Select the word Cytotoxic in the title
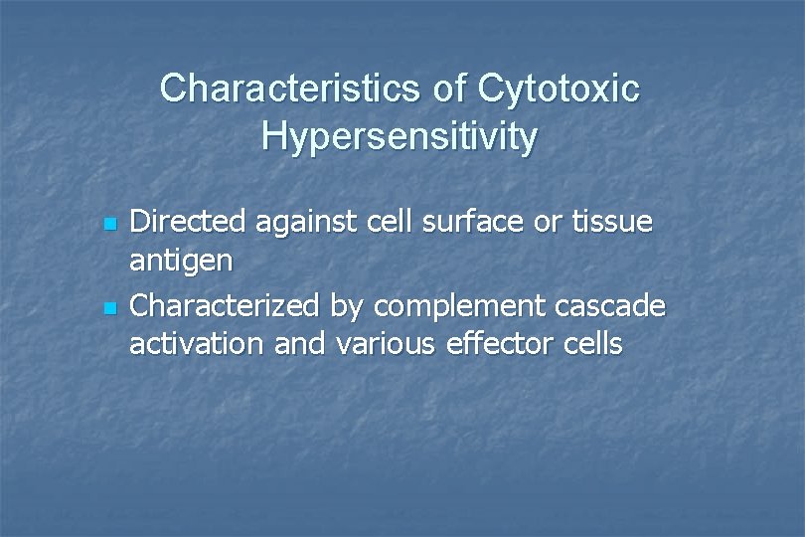(559, 89)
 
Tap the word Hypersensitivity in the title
(400, 137)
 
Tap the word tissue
(611, 222)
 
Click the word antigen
(182, 264)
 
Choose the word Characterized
(227, 306)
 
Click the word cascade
(616, 306)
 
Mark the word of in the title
(449, 89)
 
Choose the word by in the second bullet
(348, 308)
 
